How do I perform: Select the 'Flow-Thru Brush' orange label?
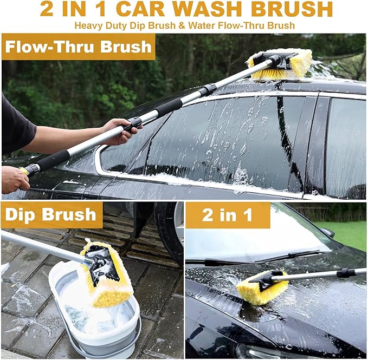tap(79, 47)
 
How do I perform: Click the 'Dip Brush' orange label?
tap(51, 215)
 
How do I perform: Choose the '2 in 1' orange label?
tap(227, 215)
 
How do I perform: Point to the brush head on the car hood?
tap(261, 286)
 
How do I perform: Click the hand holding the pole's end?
tap(14, 179)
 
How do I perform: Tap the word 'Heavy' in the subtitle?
tap(91, 25)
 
